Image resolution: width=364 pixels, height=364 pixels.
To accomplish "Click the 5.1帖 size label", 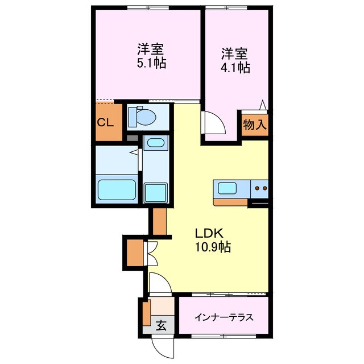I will [x=151, y=63].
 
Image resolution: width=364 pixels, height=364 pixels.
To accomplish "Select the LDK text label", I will [x=211, y=233].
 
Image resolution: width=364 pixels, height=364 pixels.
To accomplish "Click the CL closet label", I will [x=105, y=122].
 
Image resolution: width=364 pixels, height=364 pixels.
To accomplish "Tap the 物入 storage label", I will [x=254, y=125].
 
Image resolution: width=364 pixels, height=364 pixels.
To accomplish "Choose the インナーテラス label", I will [x=223, y=317].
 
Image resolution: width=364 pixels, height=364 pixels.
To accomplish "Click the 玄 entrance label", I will [x=162, y=326].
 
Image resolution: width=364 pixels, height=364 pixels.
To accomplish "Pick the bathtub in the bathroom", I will [x=116, y=189].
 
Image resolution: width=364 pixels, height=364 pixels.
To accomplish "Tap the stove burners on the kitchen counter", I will [x=260, y=187].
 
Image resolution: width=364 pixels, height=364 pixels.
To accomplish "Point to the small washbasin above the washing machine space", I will [x=154, y=143].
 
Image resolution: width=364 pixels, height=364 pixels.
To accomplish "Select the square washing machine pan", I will [x=155, y=192].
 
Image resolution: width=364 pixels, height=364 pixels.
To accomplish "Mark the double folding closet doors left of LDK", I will [x=151, y=253].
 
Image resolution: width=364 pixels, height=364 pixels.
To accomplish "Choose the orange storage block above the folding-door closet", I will [x=159, y=221].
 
